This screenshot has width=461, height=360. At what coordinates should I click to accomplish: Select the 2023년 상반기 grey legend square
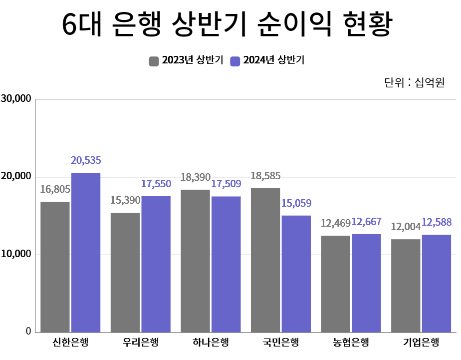(x=154, y=61)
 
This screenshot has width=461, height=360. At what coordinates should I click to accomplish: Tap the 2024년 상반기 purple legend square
(x=235, y=61)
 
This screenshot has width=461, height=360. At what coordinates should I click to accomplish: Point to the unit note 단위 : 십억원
(x=414, y=82)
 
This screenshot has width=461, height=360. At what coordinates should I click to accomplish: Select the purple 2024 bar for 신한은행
(x=86, y=252)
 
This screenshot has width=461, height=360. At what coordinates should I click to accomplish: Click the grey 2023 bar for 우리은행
(x=125, y=272)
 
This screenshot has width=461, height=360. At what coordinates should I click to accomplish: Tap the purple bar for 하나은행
(x=226, y=264)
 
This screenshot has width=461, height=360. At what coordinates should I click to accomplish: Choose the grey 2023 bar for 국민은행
(x=265, y=260)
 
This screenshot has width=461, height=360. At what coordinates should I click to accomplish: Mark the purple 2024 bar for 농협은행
(x=366, y=283)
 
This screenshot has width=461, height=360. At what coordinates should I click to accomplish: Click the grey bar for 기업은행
(x=406, y=285)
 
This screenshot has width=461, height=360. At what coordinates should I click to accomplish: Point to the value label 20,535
(x=86, y=161)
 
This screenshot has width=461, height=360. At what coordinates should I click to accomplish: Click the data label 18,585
(x=265, y=176)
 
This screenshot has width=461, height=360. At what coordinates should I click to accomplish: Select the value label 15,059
(x=296, y=204)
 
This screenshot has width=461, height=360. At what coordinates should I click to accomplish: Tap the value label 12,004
(x=406, y=227)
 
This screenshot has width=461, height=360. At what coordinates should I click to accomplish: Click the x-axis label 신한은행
(x=70, y=343)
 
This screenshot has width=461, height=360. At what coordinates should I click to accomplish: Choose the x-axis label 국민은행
(x=280, y=343)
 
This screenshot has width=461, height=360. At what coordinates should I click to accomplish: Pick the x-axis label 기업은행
(x=421, y=343)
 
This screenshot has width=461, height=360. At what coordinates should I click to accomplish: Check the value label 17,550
(x=156, y=184)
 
